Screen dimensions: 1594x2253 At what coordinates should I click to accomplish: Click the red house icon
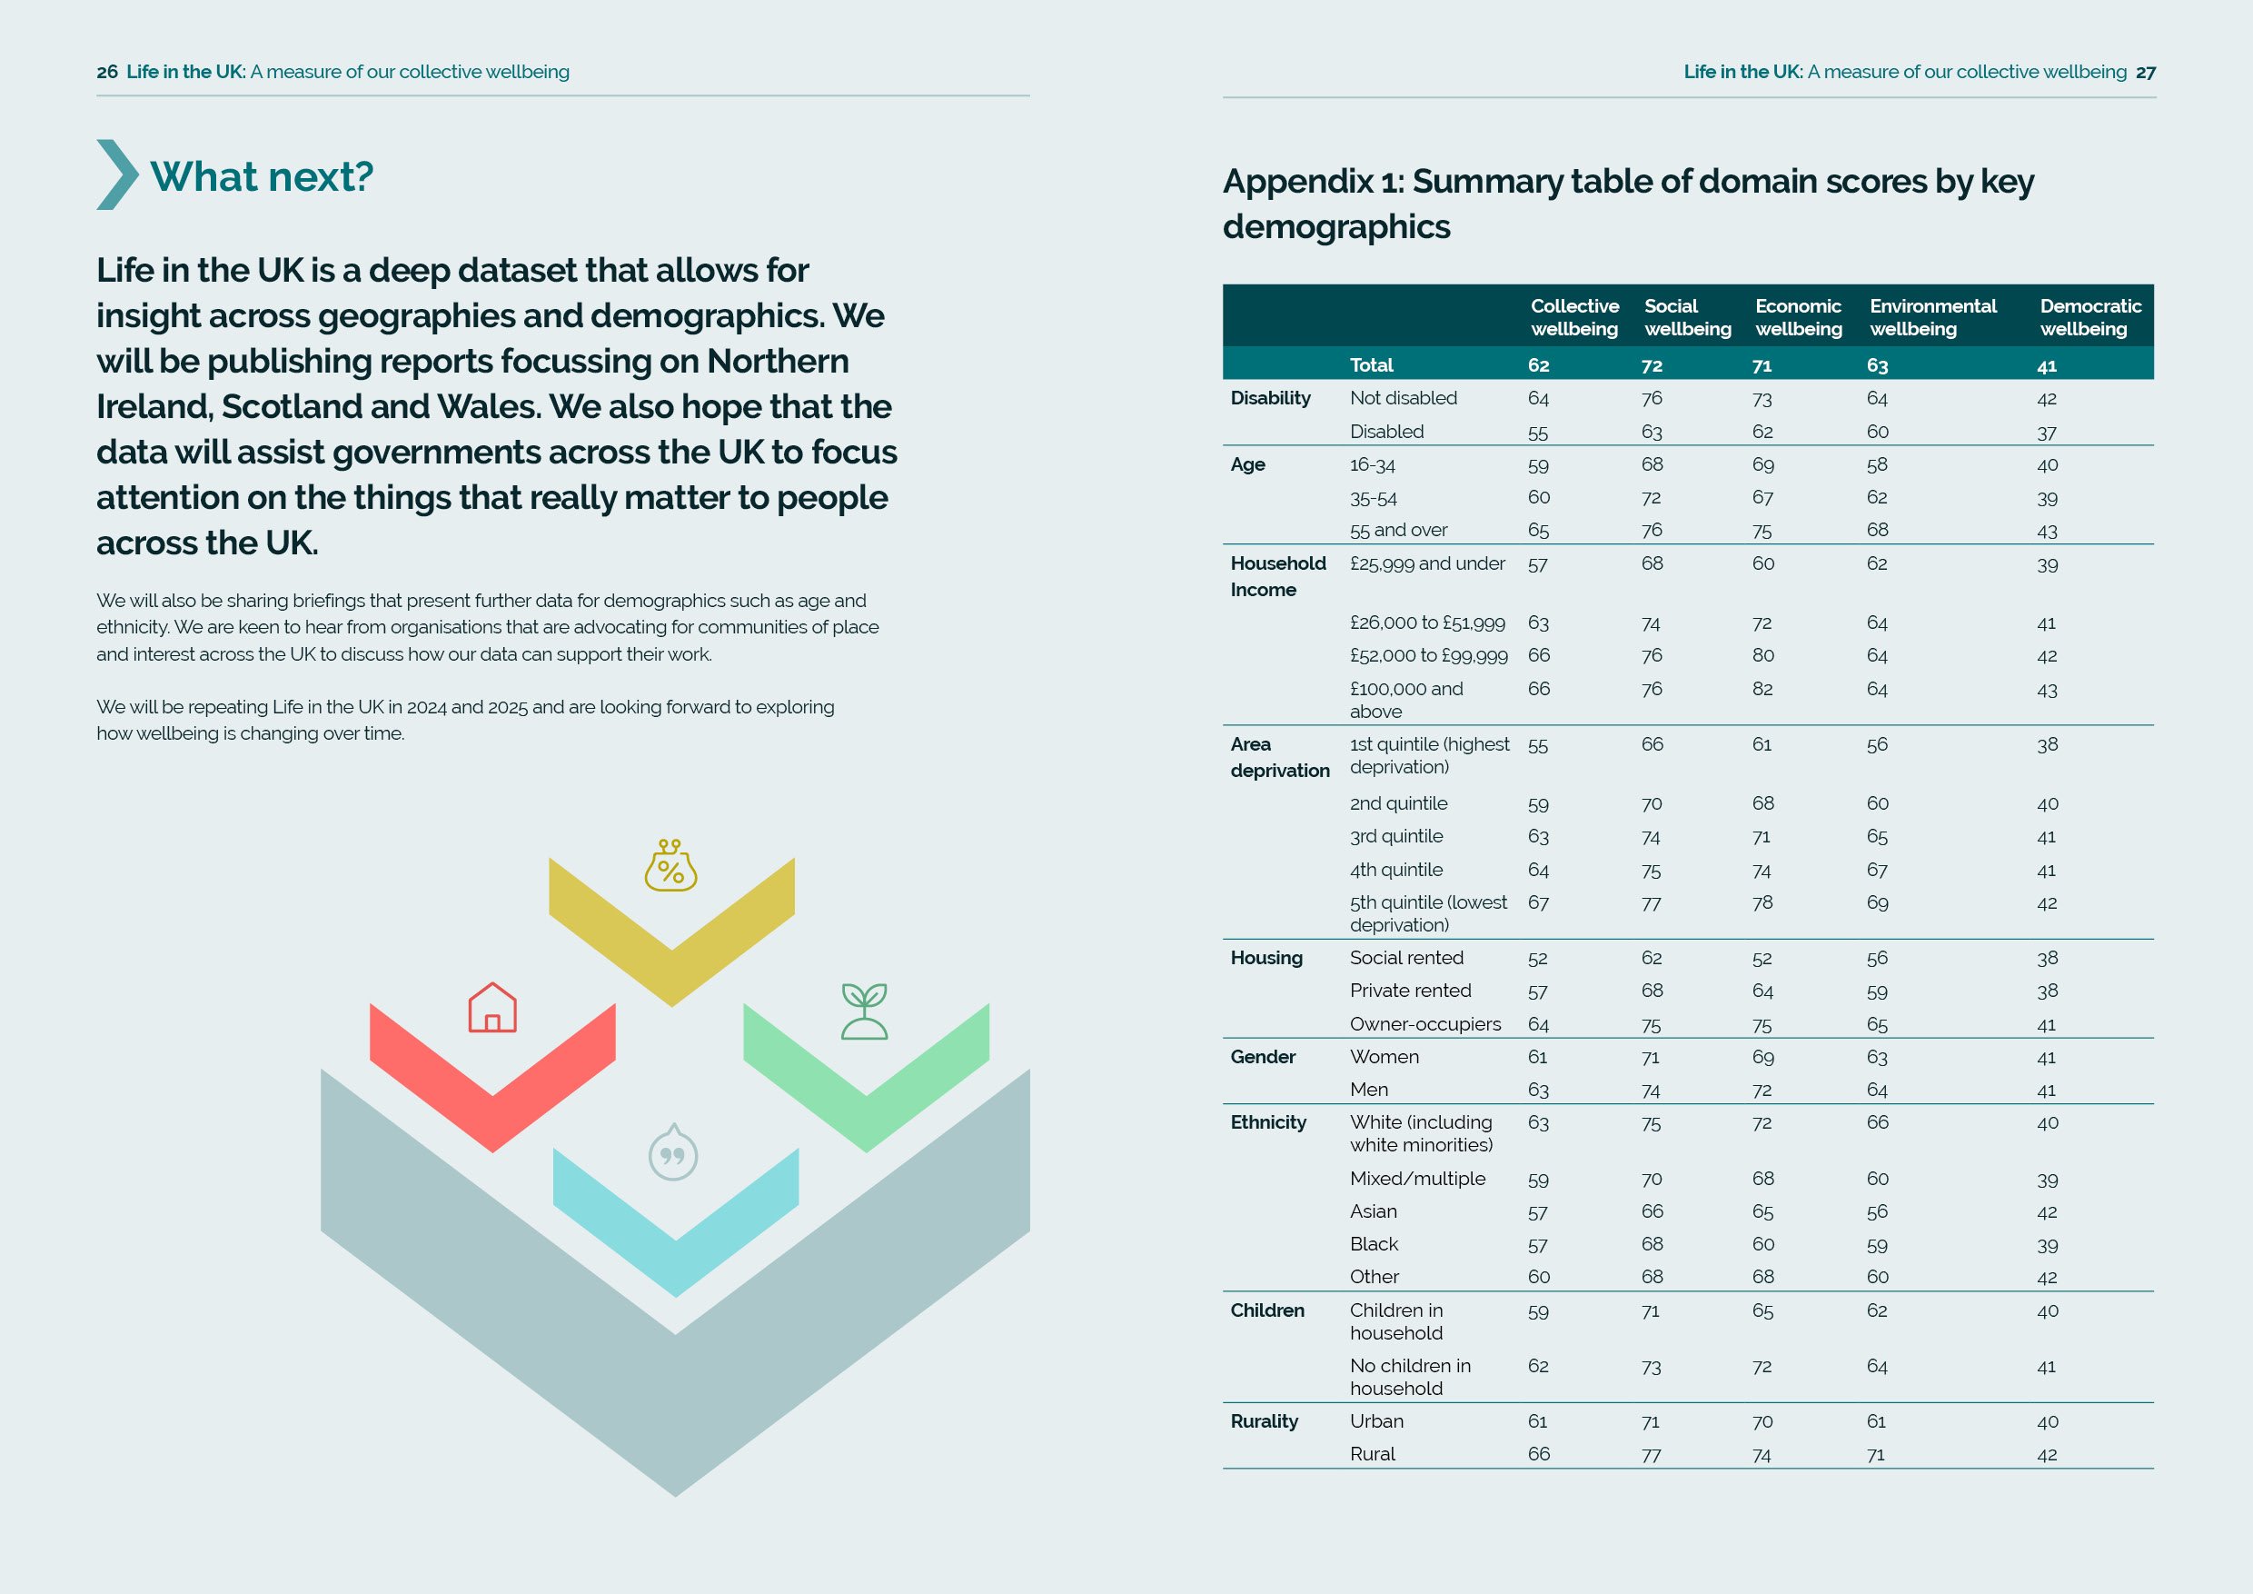tap(492, 1008)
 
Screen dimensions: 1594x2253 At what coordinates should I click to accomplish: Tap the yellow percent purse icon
tap(670, 866)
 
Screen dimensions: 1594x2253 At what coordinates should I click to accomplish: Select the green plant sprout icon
tap(865, 1011)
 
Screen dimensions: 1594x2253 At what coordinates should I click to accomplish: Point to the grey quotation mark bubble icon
tap(673, 1153)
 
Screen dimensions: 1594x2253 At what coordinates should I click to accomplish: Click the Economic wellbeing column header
tap(1798, 317)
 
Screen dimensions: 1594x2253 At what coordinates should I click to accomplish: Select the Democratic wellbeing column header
tap(2090, 317)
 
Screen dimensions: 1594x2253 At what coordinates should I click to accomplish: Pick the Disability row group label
tap(1270, 397)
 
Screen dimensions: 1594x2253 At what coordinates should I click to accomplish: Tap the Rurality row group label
tap(1264, 1421)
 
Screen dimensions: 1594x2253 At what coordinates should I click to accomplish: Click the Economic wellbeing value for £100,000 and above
tap(1762, 689)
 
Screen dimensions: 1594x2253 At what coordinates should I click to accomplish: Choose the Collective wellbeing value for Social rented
tap(1538, 959)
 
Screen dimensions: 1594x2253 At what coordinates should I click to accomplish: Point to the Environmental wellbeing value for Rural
tap(1876, 1455)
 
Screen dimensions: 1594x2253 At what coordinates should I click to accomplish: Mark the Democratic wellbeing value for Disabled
tap(2046, 433)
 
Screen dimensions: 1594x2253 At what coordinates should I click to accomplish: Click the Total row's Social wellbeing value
tap(1652, 366)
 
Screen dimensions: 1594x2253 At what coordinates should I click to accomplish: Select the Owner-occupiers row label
tap(1424, 1023)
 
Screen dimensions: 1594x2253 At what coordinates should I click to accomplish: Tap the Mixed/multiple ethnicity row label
tap(1417, 1179)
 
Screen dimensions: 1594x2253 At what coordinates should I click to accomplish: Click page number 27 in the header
tap(2145, 72)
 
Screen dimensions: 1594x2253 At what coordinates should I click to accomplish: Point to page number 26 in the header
tap(107, 72)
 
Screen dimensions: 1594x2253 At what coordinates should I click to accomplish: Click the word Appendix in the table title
tap(1297, 182)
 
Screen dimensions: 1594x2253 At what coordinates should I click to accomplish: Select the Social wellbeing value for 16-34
tap(1652, 464)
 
